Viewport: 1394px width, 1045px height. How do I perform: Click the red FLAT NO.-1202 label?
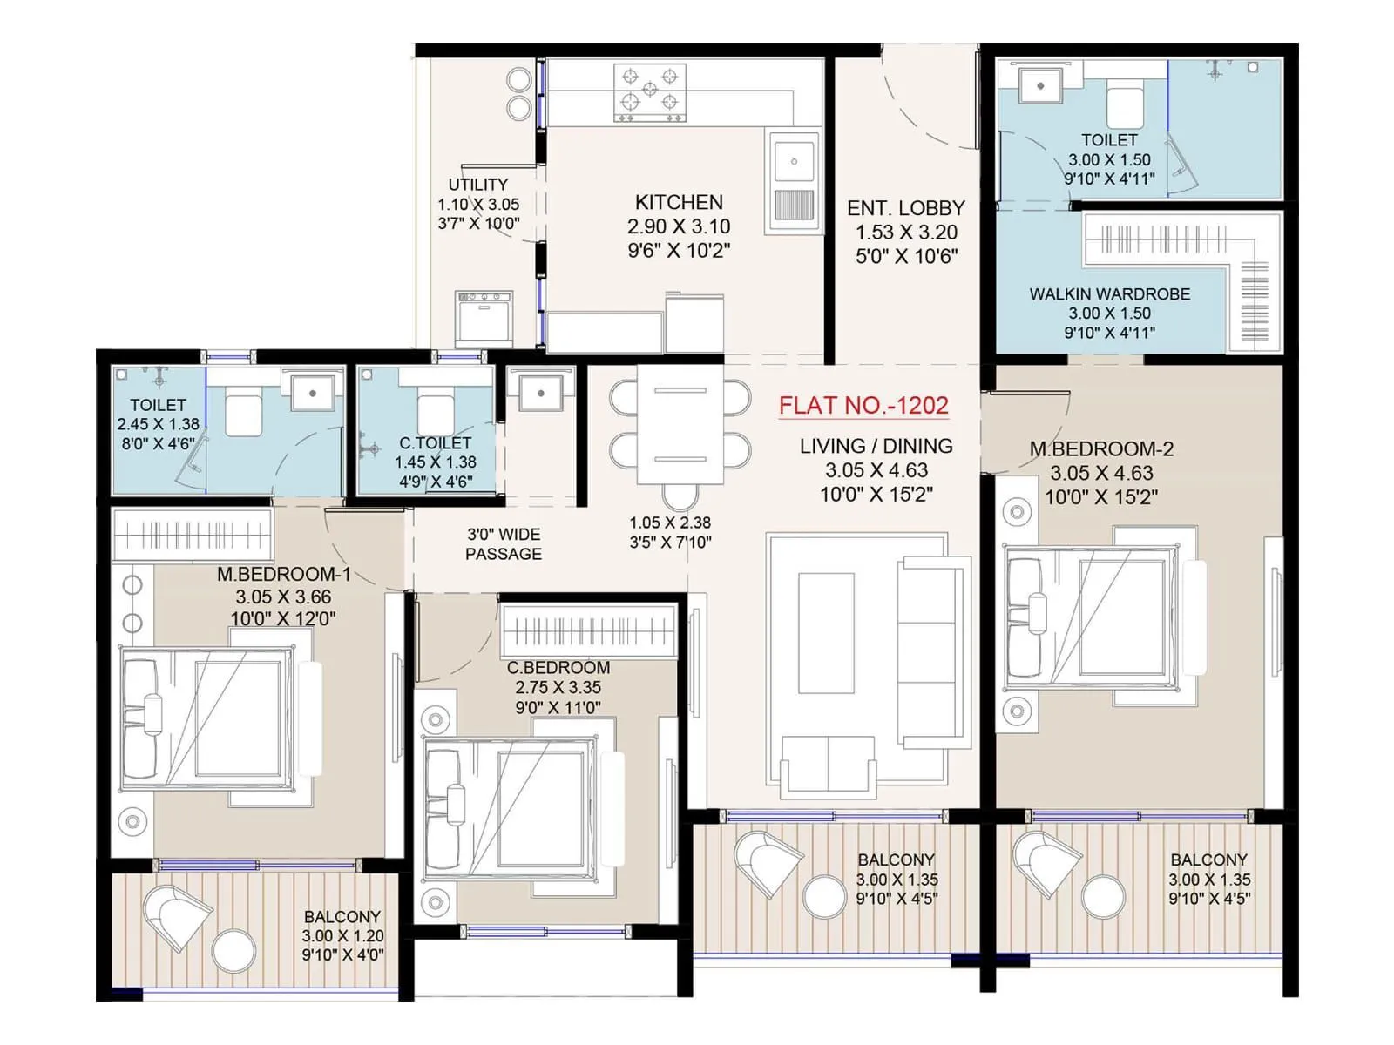pos(863,406)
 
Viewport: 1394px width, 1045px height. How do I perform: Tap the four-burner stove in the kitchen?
pos(650,91)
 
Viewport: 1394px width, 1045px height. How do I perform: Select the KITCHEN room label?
pos(679,202)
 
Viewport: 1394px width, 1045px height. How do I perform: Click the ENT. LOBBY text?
pos(906,209)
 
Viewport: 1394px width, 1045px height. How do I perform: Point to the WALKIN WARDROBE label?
pos(1109,294)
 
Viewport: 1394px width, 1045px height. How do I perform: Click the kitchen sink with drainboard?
pos(794,181)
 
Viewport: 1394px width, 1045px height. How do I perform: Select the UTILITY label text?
pos(477,185)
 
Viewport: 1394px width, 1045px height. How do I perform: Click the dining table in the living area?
pos(680,425)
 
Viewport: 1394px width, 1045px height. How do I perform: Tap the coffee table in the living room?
pos(826,633)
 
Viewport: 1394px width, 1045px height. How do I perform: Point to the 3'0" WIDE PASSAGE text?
pos(504,544)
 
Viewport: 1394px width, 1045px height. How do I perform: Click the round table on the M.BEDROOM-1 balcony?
pos(234,950)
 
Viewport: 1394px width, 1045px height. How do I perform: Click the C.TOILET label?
pos(435,443)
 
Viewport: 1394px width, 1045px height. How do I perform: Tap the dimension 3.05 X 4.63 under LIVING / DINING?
pos(876,470)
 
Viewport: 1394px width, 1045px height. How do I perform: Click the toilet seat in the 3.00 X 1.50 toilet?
pos(1125,104)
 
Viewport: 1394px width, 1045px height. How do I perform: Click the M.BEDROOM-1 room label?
pos(283,575)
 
